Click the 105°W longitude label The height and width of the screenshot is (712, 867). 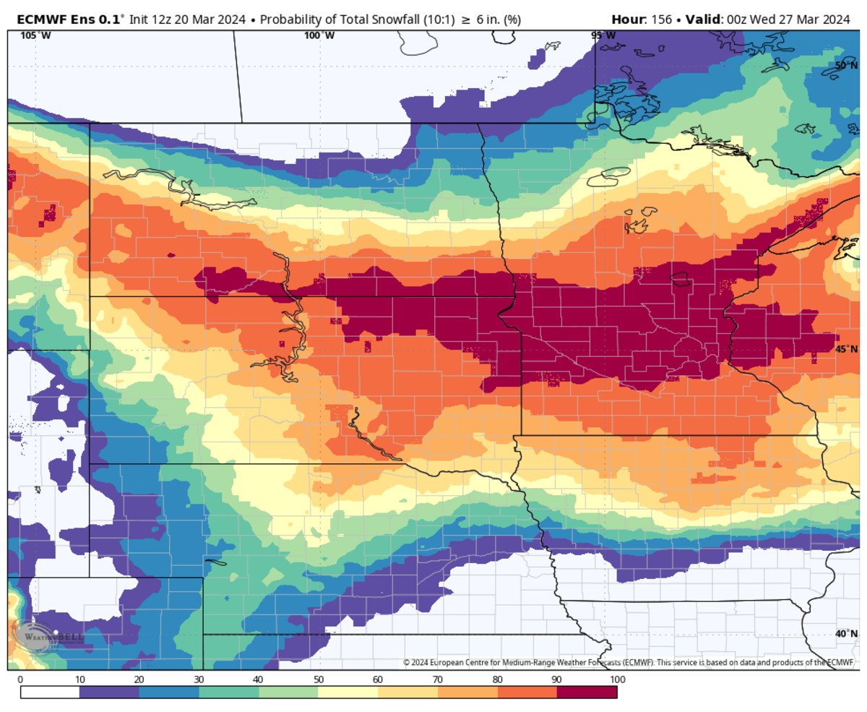click(x=30, y=35)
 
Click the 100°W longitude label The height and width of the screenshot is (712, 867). click(x=319, y=35)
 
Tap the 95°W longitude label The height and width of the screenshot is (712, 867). click(x=603, y=35)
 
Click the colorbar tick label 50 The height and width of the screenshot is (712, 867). click(x=319, y=679)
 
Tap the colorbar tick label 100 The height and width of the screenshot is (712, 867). click(x=616, y=679)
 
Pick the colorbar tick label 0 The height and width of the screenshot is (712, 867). click(x=20, y=679)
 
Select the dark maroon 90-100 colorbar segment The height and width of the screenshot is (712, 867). click(x=587, y=692)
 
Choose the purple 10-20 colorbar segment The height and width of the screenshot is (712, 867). click(x=109, y=692)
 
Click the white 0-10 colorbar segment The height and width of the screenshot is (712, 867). click(x=50, y=692)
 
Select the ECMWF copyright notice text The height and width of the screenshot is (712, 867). click(x=628, y=662)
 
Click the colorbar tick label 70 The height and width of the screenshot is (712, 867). click(x=438, y=679)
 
